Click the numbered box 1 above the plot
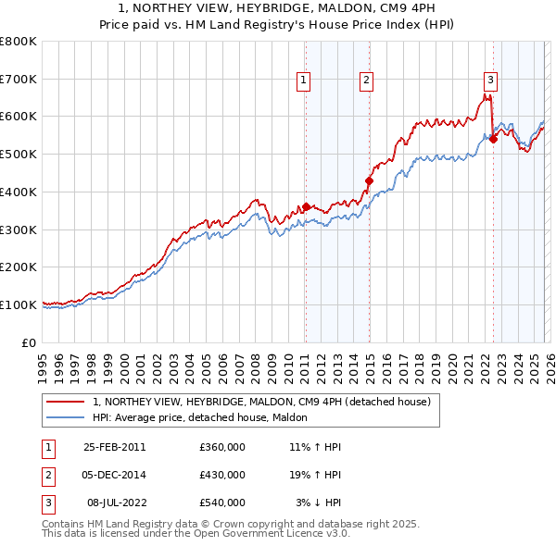tap(304, 81)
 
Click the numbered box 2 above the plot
tap(367, 81)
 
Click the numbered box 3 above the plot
tap(490, 81)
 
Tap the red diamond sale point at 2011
tap(306, 206)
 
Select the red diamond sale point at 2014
tap(369, 180)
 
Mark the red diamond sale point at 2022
tap(493, 139)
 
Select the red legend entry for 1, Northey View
tap(261, 403)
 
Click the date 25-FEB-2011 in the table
tap(114, 447)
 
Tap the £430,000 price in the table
tap(222, 475)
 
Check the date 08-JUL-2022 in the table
tap(116, 503)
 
